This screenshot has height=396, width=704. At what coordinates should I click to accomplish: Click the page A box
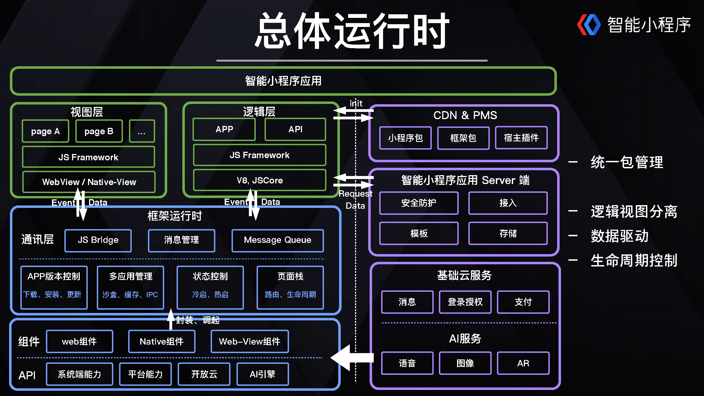(45, 131)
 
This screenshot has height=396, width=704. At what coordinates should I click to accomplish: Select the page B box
(99, 131)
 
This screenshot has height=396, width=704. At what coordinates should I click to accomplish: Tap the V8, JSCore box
(260, 180)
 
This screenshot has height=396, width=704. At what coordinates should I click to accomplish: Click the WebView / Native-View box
(89, 182)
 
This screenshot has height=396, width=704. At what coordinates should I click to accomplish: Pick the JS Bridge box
(98, 240)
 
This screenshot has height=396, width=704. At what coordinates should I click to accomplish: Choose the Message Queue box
(277, 240)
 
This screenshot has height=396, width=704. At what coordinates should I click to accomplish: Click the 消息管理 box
(181, 240)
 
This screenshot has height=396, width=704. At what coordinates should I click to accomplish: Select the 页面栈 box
(290, 287)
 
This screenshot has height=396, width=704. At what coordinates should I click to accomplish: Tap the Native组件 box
(162, 341)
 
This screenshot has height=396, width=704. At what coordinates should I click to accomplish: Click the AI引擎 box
(262, 374)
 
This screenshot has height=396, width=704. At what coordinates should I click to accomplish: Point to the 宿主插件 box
(521, 138)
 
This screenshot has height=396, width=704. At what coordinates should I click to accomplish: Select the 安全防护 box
(419, 203)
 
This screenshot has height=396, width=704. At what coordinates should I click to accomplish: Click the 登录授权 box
(465, 302)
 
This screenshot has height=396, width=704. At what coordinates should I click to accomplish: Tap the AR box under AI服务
(523, 363)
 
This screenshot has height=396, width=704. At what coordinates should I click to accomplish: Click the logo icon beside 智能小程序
(588, 25)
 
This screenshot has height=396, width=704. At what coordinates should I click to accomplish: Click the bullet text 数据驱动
(620, 236)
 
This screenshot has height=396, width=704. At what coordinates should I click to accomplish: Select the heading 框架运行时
(175, 216)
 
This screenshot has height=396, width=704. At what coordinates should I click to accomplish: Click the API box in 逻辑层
(295, 129)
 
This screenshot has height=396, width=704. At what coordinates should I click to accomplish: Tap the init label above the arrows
(356, 103)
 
